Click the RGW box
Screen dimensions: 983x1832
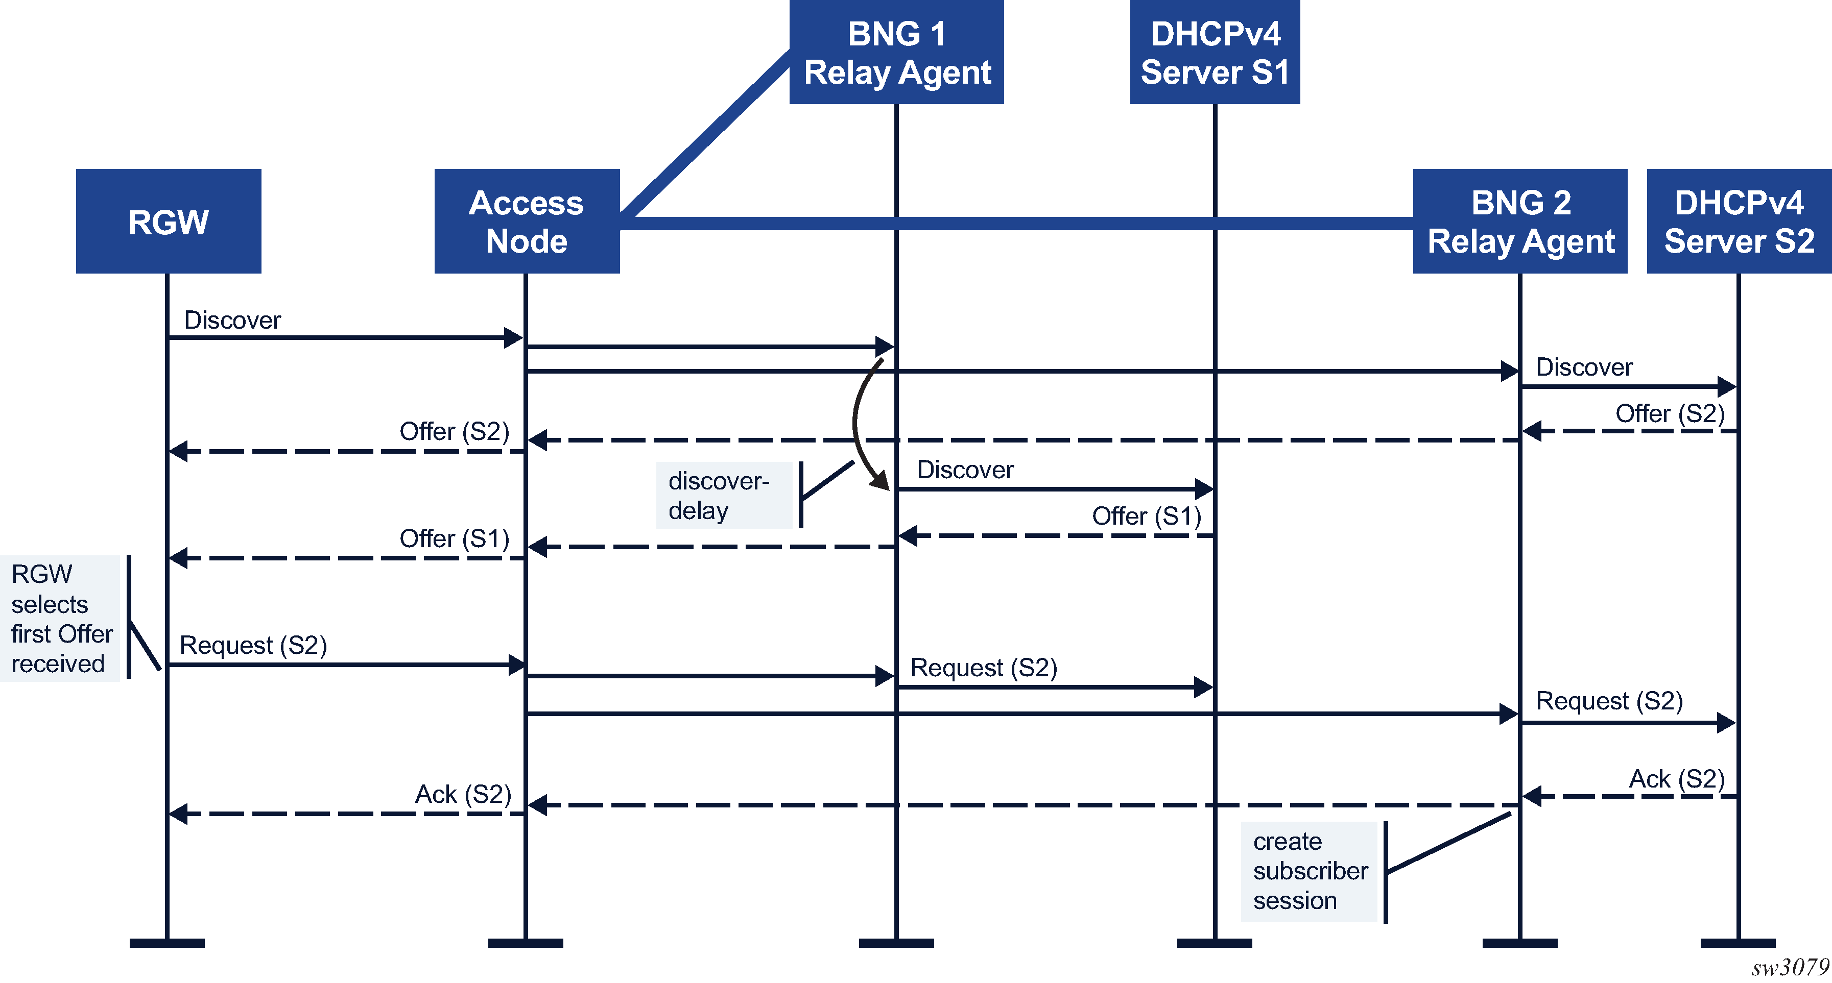169,221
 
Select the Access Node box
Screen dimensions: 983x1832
526,221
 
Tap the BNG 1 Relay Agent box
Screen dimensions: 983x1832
896,53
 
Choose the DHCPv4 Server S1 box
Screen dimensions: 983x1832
1215,53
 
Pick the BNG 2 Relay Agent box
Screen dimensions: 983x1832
1520,221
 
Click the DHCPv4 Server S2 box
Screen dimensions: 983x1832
1739,221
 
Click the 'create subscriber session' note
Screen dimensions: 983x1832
1310,871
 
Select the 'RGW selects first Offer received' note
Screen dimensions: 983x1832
60,619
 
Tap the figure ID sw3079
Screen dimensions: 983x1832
1789,967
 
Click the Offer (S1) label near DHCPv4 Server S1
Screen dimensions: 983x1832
1147,516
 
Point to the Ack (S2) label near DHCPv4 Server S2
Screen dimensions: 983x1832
1676,779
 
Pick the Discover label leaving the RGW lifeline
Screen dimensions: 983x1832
232,321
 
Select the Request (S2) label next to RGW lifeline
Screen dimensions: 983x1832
253,646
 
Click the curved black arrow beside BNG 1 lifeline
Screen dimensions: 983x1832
861,427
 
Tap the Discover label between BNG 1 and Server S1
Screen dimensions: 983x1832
965,470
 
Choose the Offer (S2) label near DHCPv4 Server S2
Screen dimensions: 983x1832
1670,414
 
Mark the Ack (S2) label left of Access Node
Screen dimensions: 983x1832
463,794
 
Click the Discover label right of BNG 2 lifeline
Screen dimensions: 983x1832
1584,367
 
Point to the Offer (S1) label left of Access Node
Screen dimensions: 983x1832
455,539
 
